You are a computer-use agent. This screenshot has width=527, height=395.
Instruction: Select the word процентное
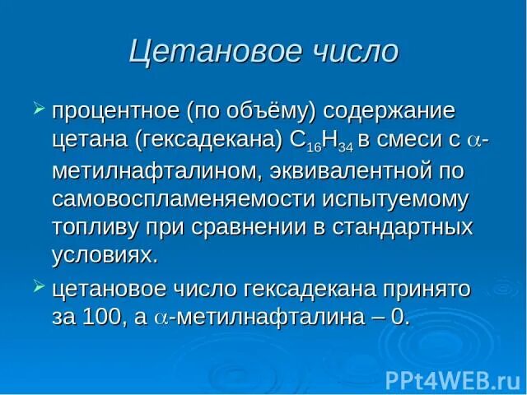[x=114, y=110]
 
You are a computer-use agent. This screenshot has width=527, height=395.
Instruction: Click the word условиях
[x=104, y=256]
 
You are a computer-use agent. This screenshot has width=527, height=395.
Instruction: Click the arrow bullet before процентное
[x=37, y=109]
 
